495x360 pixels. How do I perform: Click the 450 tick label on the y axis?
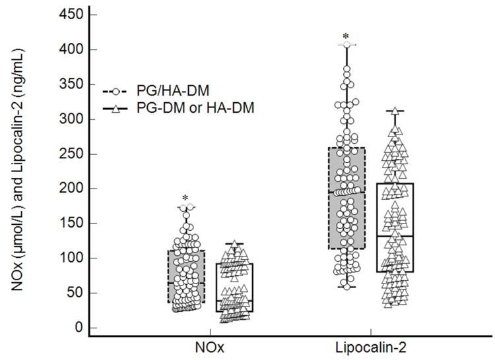71,15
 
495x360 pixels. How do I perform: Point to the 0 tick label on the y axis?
79,328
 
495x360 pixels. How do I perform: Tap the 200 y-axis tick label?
71,189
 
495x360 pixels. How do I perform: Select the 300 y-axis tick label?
71,119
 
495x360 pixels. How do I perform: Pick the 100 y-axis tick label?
71,258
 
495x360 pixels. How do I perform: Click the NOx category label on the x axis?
210,347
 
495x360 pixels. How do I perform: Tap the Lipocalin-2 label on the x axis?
371,347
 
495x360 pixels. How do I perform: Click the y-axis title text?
17,169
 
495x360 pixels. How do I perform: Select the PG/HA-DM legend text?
173,91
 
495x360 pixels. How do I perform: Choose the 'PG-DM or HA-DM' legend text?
195,108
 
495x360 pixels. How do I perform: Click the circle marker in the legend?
116,92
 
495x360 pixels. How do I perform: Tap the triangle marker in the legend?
116,109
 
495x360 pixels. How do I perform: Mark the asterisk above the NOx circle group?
185,198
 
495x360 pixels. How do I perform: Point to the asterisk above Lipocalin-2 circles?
346,36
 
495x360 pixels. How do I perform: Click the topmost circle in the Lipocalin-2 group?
346,44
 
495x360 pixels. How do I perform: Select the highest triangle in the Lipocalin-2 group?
395,111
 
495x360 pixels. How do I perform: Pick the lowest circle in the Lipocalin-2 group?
346,287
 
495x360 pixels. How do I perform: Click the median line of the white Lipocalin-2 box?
395,236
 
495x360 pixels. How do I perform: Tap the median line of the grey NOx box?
186,283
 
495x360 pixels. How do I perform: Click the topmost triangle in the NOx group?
234,244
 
